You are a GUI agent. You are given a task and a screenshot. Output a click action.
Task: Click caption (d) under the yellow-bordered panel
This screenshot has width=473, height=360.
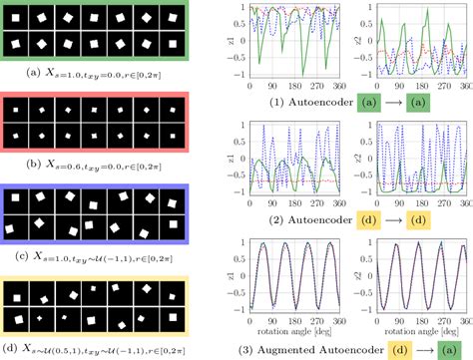tap(95, 348)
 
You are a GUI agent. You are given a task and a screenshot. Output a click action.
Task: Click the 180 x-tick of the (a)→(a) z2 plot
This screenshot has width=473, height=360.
tap(416, 87)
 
